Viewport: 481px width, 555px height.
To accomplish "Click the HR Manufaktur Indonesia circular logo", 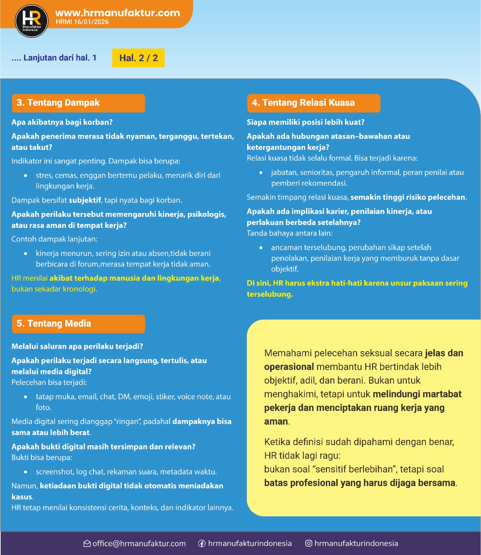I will [x=31, y=21].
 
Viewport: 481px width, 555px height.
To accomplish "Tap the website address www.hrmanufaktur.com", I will [x=118, y=13].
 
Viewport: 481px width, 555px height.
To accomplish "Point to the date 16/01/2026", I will [x=91, y=22].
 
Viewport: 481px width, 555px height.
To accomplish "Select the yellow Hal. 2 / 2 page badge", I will [x=138, y=58].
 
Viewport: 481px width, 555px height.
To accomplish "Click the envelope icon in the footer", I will [x=87, y=544].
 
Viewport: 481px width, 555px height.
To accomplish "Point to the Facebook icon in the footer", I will [x=202, y=544].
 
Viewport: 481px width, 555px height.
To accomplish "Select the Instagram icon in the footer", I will [x=309, y=544].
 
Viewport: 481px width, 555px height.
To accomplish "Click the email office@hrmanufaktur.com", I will [x=139, y=544].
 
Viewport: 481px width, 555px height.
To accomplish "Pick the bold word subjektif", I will [x=85, y=200].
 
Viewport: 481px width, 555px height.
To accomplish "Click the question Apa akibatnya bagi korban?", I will [x=62, y=122].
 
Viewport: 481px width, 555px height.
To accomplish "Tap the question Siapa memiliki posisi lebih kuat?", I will [x=305, y=122].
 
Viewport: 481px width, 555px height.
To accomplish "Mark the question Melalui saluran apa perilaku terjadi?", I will [x=77, y=346].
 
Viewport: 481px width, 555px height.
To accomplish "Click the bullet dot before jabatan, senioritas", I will [x=261, y=172].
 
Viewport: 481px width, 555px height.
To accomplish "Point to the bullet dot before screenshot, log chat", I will [x=26, y=472].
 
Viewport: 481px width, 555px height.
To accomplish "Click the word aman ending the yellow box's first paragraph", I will [x=276, y=421].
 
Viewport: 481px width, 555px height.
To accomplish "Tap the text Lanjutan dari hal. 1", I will [x=60, y=58].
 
